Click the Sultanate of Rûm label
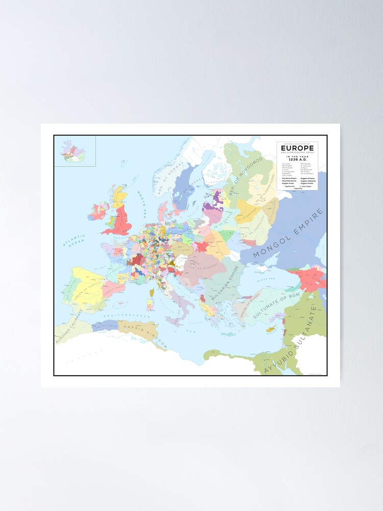click(x=276, y=302)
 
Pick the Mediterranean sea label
click(x=123, y=317)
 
